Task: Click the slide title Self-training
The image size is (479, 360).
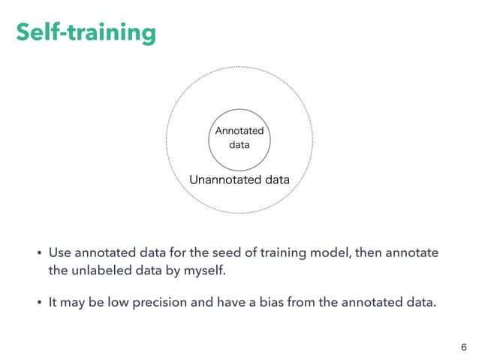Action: (x=86, y=32)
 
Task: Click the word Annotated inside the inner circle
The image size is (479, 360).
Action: (x=239, y=131)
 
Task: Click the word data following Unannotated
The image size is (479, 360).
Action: (x=274, y=180)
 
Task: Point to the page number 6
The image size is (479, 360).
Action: (x=463, y=346)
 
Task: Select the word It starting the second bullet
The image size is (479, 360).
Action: (x=53, y=303)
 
